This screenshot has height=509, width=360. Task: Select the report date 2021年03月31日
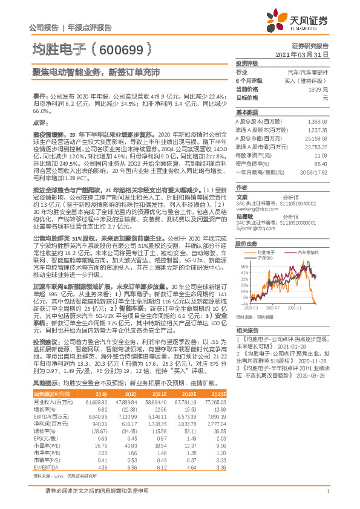305,54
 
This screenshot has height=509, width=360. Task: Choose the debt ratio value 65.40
321,163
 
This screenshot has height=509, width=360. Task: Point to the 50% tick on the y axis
243,265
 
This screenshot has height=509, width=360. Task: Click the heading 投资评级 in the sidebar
246,63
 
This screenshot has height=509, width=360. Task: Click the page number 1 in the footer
327,498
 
